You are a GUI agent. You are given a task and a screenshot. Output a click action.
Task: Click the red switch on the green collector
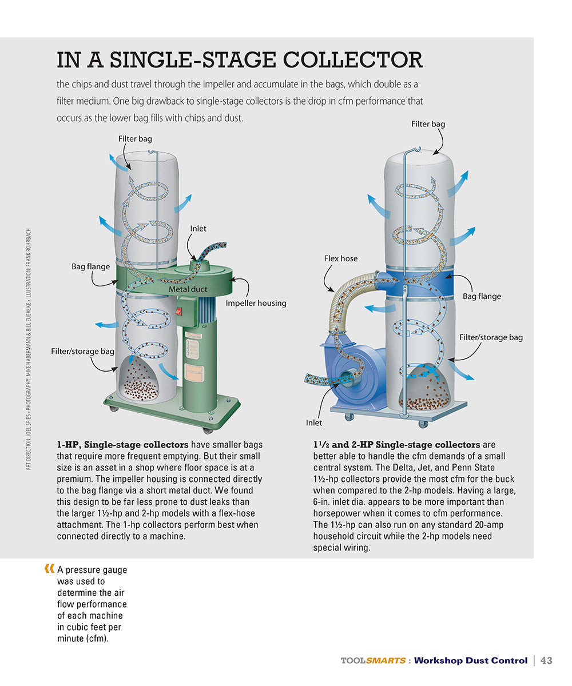(179, 312)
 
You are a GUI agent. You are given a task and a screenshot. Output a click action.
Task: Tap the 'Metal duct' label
(188, 290)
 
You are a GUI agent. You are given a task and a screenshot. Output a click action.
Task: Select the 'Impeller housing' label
(256, 303)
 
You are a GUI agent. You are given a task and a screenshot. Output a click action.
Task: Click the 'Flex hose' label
(341, 258)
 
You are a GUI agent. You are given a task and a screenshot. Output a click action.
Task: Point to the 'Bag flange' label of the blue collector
(482, 296)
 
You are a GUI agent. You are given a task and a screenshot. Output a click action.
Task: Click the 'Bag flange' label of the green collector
(90, 266)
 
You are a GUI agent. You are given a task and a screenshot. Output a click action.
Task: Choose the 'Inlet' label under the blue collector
(314, 423)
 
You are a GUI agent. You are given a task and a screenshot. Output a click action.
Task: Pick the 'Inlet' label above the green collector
(198, 229)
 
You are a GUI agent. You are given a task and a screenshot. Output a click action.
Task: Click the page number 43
(546, 660)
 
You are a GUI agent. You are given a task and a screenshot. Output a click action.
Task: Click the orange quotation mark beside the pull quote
(49, 569)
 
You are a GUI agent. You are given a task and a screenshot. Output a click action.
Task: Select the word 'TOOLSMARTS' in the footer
(372, 661)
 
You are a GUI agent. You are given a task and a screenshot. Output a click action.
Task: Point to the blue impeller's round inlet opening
(347, 378)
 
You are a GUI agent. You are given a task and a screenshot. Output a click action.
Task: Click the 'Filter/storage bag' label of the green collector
(82, 351)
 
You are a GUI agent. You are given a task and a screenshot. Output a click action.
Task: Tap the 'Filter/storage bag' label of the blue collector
(491, 337)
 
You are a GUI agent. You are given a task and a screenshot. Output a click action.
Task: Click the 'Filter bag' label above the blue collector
(428, 124)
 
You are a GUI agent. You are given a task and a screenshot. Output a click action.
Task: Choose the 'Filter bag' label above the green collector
(135, 138)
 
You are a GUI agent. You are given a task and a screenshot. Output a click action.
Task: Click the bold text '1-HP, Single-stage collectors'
(122, 445)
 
